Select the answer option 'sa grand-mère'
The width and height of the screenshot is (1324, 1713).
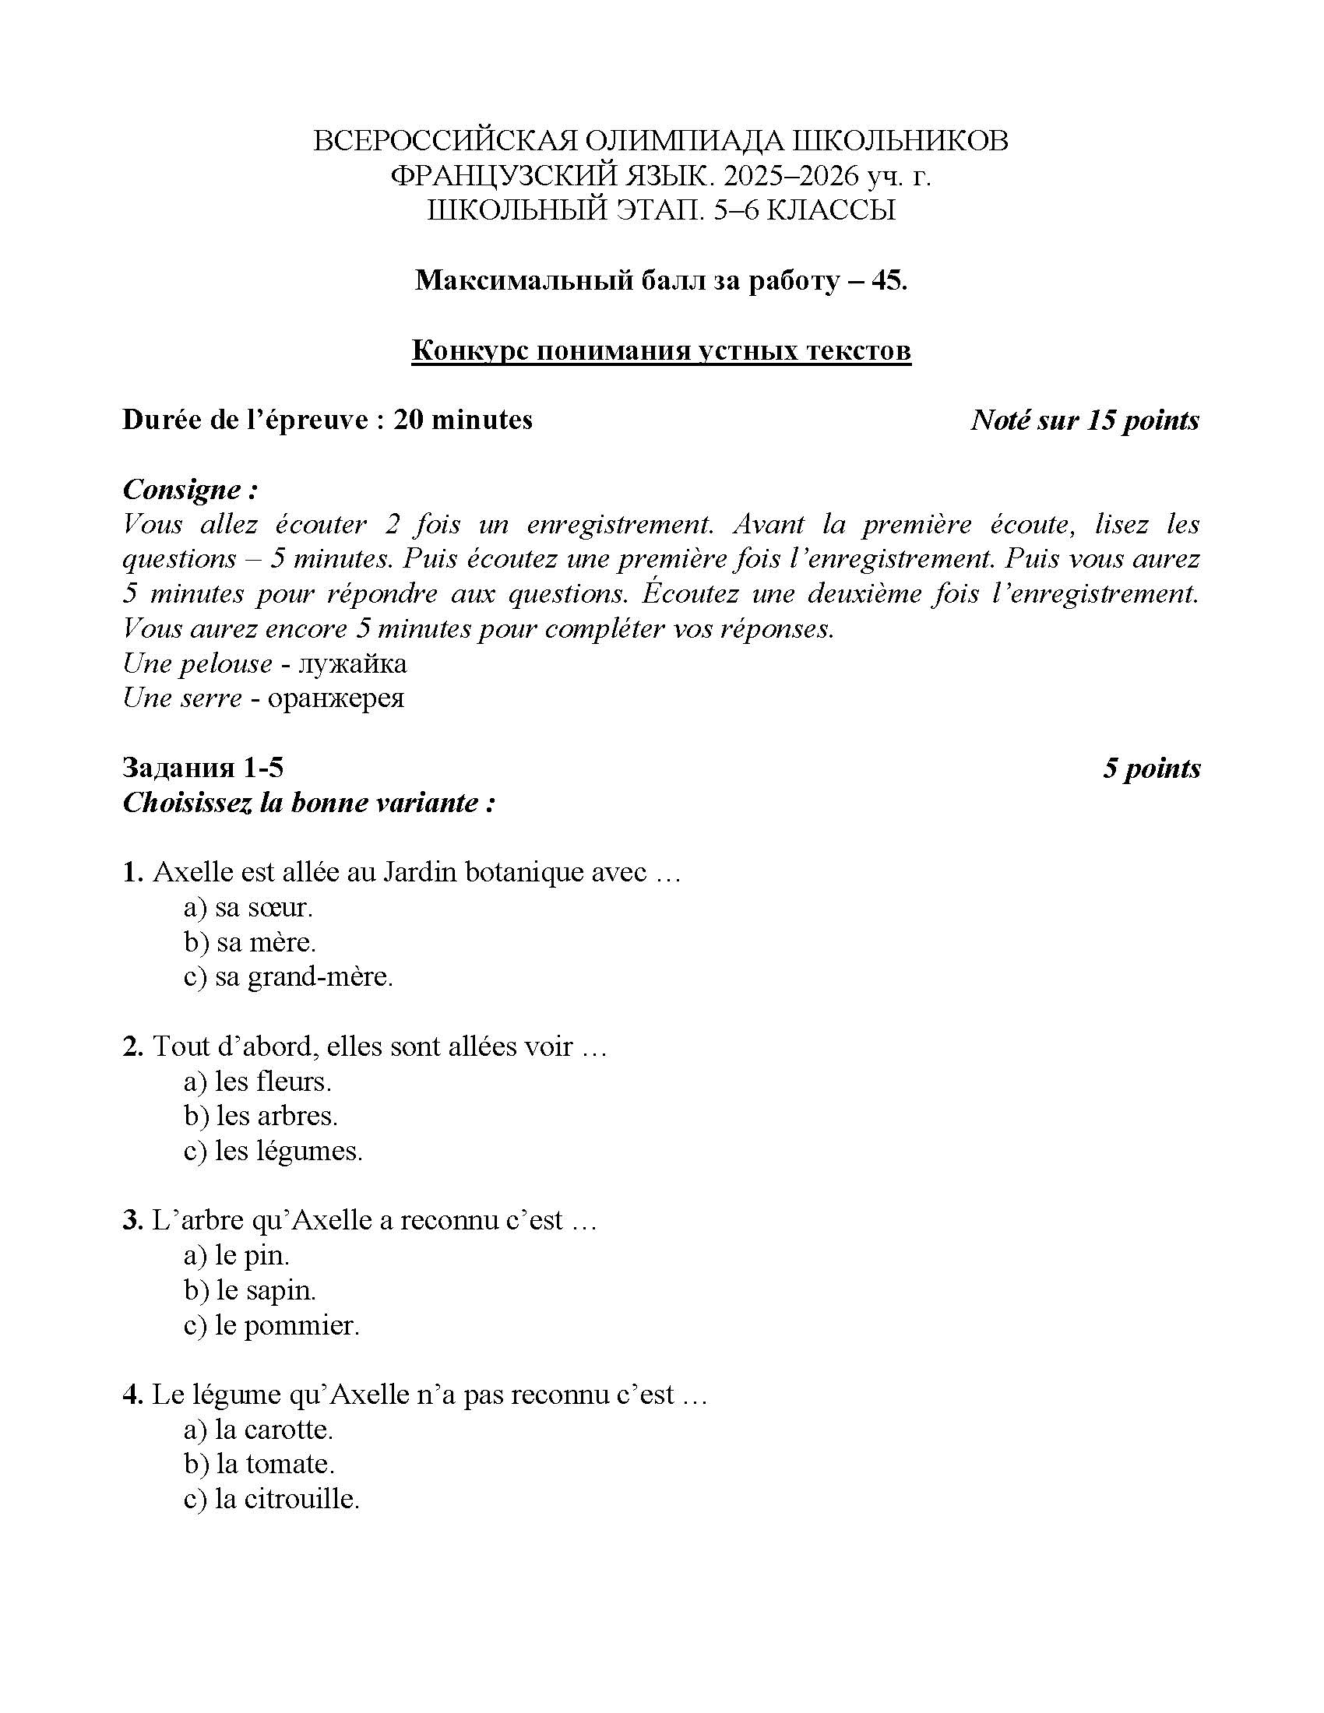[x=288, y=977]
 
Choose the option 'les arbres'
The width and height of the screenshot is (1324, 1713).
[x=260, y=1116]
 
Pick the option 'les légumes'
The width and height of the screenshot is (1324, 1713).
[x=273, y=1152]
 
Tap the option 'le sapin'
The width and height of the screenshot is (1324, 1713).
[x=249, y=1290]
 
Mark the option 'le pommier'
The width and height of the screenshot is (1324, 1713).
[x=271, y=1325]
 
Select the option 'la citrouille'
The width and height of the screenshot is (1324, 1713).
[x=271, y=1499]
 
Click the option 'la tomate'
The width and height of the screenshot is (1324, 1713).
[x=259, y=1465]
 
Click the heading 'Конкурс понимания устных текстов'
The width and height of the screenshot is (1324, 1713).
[x=661, y=350]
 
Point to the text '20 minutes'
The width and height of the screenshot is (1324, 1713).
[x=463, y=420]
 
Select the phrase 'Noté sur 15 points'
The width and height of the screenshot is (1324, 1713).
[x=1085, y=420]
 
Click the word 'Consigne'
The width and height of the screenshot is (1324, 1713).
[x=184, y=491]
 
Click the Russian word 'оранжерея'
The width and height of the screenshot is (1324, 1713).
[x=336, y=698]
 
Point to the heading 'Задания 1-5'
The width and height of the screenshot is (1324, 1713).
[x=202, y=768]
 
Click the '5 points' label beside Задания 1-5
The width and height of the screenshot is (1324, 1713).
[x=1151, y=768]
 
